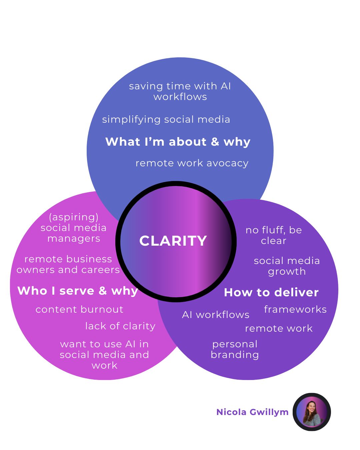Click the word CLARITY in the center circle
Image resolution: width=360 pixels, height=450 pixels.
[x=173, y=241]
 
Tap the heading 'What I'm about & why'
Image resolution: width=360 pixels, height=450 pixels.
[x=178, y=142]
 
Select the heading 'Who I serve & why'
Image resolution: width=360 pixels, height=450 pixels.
[x=78, y=291]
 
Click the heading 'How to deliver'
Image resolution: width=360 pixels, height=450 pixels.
[x=271, y=292]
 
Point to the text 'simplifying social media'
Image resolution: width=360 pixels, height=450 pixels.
[x=166, y=119]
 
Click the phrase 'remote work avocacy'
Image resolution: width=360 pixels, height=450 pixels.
[x=192, y=163]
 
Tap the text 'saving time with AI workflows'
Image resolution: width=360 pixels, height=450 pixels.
[x=180, y=91]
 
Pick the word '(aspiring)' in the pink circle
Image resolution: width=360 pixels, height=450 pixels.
[x=74, y=217]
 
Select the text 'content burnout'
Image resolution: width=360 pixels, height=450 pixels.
[x=79, y=309]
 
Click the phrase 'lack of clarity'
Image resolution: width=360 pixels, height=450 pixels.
[x=120, y=326]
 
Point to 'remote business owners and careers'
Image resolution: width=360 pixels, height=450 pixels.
[x=68, y=264]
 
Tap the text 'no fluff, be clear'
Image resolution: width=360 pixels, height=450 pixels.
[x=274, y=235]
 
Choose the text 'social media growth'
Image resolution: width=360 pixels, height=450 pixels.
[x=287, y=266]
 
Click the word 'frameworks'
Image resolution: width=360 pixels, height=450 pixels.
[x=295, y=309]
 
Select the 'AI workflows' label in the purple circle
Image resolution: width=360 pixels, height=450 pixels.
[x=216, y=315]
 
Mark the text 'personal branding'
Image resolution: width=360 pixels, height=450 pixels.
[x=235, y=349]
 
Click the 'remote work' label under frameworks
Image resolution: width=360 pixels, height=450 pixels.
[x=279, y=328]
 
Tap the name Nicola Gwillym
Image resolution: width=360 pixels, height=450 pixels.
[x=252, y=412]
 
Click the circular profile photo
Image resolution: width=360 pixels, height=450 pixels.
[x=312, y=412]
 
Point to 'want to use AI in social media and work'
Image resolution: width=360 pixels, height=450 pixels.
[x=104, y=355]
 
